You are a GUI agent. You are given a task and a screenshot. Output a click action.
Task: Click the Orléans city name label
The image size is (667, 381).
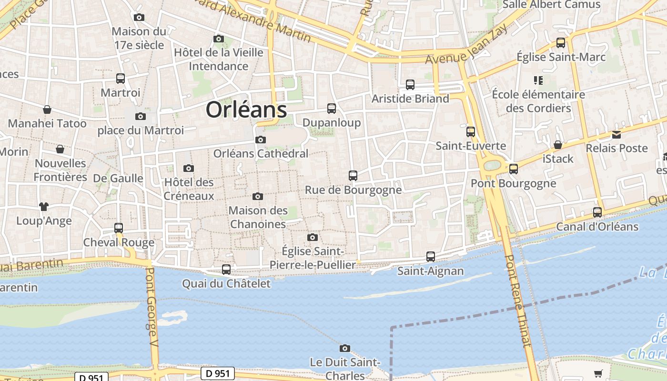pyautogui.click(x=246, y=110)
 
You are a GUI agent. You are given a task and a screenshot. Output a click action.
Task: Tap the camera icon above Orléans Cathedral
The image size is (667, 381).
pyautogui.click(x=260, y=140)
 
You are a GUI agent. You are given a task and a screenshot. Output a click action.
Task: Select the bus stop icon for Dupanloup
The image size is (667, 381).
pyautogui.click(x=332, y=109)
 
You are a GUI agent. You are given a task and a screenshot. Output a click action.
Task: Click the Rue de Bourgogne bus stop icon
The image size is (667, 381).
pyautogui.click(x=353, y=176)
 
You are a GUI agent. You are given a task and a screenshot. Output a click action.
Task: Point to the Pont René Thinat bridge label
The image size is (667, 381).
pyautogui.click(x=518, y=307)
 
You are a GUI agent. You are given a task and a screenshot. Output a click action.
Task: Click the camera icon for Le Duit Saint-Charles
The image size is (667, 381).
pyautogui.click(x=345, y=349)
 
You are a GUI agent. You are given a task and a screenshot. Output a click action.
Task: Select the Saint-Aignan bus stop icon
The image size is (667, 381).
pyautogui.click(x=431, y=257)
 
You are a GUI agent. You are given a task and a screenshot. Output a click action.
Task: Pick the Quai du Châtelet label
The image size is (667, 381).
pyautogui.click(x=226, y=284)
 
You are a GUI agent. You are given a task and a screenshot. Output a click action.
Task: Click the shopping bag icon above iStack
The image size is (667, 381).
pyautogui.click(x=557, y=145)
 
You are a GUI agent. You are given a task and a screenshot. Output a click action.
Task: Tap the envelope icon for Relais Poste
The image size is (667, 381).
pyautogui.click(x=616, y=135)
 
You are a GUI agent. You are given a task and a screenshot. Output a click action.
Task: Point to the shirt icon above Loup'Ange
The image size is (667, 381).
pyautogui.click(x=44, y=207)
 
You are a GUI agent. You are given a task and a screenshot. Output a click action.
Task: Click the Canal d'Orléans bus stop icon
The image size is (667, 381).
pyautogui.click(x=597, y=212)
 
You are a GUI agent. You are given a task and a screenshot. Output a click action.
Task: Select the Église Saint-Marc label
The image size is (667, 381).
pyautogui.click(x=561, y=57)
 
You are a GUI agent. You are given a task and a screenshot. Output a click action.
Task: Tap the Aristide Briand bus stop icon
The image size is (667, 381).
pyautogui.click(x=410, y=85)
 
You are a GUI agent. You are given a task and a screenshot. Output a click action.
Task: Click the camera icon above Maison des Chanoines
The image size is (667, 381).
pyautogui.click(x=258, y=196)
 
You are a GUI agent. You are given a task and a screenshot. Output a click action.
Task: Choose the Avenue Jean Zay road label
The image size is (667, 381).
pyautogui.click(x=466, y=45)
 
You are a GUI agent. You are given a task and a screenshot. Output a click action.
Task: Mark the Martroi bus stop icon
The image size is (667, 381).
pyautogui.click(x=121, y=79)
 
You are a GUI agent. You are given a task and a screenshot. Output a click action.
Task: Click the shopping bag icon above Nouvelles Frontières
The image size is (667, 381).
pyautogui.click(x=60, y=150)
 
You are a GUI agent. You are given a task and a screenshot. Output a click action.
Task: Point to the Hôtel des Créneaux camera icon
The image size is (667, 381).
pyautogui.click(x=189, y=168)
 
